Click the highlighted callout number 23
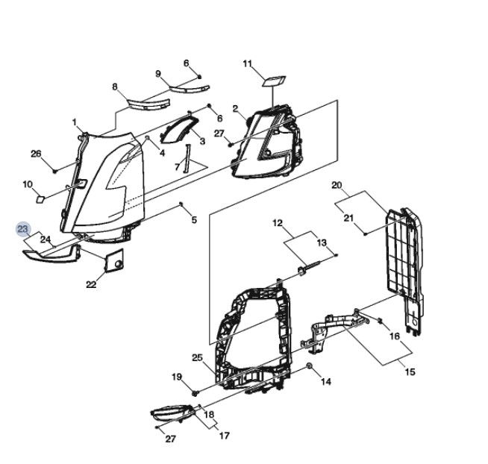pyautogui.click(x=23, y=228)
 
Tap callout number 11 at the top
pyautogui.click(x=248, y=64)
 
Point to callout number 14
pyautogui.click(x=326, y=382)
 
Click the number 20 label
pyautogui.click(x=337, y=185)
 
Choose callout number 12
pyautogui.click(x=278, y=223)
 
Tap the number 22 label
pyautogui.click(x=91, y=284)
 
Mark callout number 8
pyautogui.click(x=115, y=87)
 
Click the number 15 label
pyautogui.click(x=409, y=371)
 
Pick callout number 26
pyautogui.click(x=36, y=154)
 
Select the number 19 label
pyautogui.click(x=178, y=377)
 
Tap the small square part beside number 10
pyautogui.click(x=43, y=198)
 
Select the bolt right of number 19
pyautogui.click(x=195, y=390)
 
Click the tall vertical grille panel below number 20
pyautogui.click(x=403, y=254)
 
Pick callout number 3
pyautogui.click(x=201, y=141)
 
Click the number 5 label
pyautogui.click(x=194, y=219)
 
